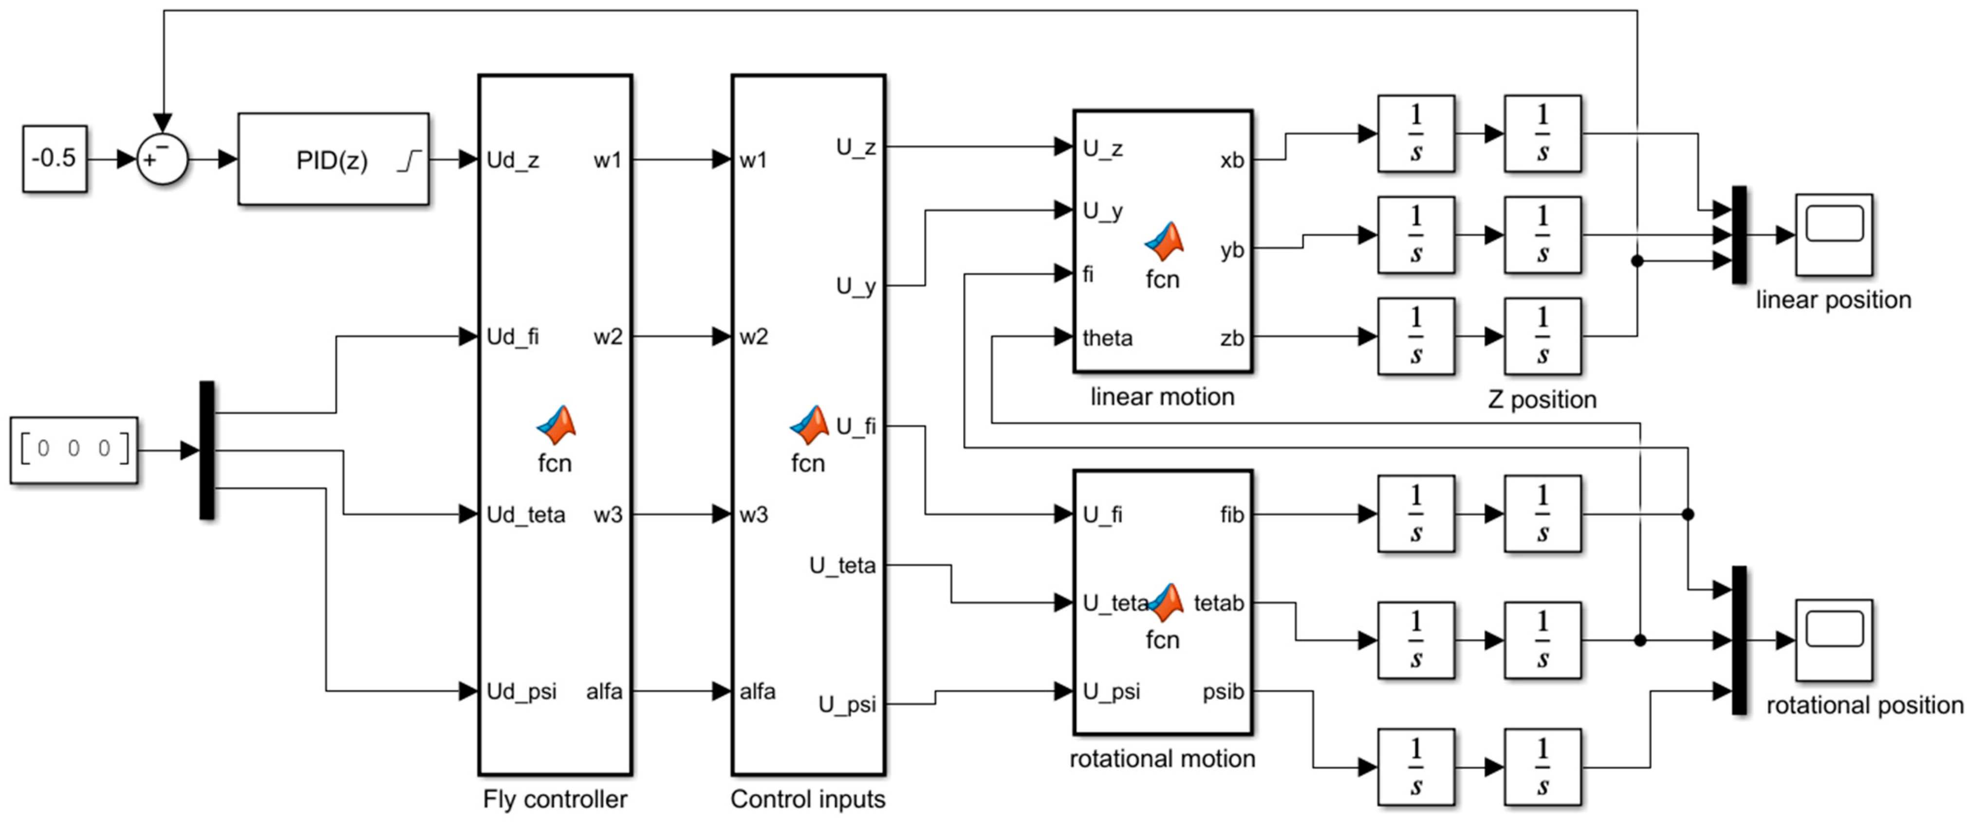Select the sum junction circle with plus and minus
tap(162, 159)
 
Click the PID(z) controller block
tap(333, 159)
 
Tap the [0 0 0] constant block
tap(74, 449)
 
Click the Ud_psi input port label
tap(521, 691)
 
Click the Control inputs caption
tap(807, 799)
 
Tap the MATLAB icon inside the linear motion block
tap(1163, 242)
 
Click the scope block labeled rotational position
tap(1833, 640)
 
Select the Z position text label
tap(1542, 399)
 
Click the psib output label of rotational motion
tap(1223, 691)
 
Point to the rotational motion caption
tap(1162, 759)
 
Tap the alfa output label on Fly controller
tap(604, 691)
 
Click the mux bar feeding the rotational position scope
tap(1739, 640)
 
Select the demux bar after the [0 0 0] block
tap(206, 449)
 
